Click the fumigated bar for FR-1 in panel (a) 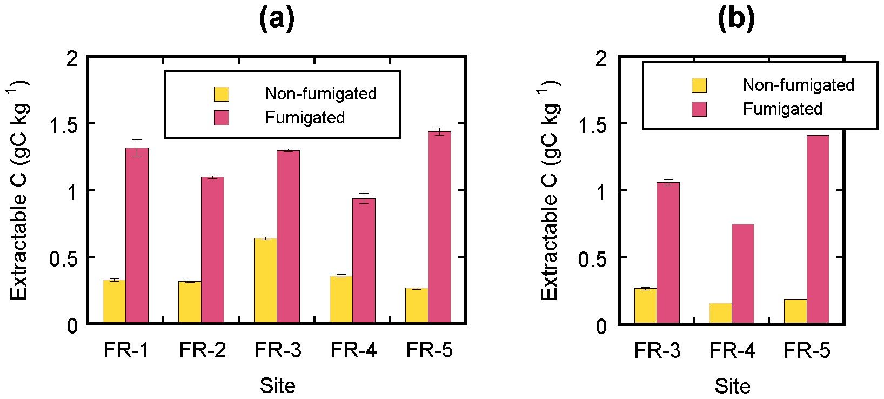(x=137, y=236)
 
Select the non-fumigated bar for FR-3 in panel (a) (x=265, y=281)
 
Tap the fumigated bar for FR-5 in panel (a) (x=439, y=228)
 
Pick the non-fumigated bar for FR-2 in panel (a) (x=190, y=302)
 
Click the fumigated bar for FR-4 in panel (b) (x=742, y=274)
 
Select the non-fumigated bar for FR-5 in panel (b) (x=795, y=311)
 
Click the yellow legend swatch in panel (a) (x=221, y=94)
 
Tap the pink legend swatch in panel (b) (x=699, y=109)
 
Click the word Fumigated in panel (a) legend (x=305, y=117)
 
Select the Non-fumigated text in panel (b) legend (x=798, y=85)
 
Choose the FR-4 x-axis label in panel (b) (x=733, y=351)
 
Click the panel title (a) (x=277, y=20)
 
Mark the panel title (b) (x=736, y=20)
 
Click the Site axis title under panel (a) (x=277, y=385)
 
